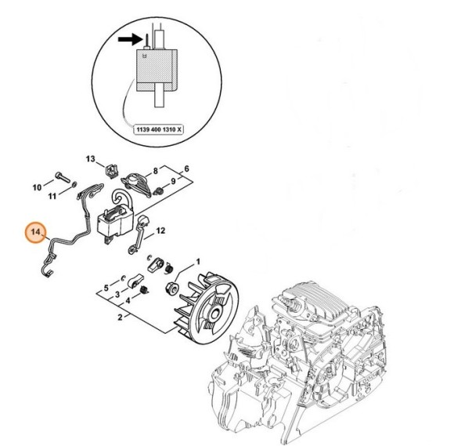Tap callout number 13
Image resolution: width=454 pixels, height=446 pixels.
(x=90, y=159)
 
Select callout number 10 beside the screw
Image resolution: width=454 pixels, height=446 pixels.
(x=37, y=187)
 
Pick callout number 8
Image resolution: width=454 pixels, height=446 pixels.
(x=156, y=170)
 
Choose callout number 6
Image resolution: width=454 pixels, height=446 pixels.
(x=186, y=169)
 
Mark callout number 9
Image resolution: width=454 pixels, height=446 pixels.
(x=173, y=182)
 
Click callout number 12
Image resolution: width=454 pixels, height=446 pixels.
(x=160, y=230)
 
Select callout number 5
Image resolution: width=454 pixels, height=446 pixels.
(x=106, y=288)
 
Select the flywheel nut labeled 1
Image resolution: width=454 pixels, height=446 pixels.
(x=170, y=291)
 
